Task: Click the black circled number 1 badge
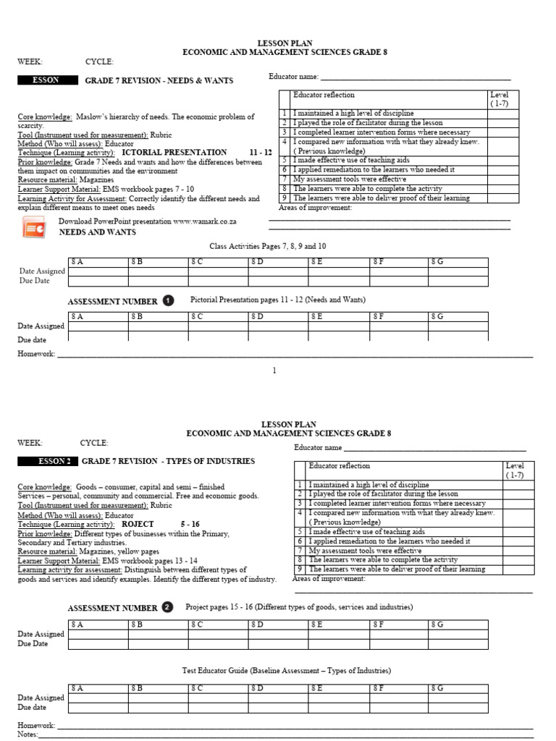[x=169, y=300]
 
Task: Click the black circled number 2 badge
[x=168, y=608]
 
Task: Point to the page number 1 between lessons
[x=274, y=371]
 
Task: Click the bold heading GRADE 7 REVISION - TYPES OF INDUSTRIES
[x=168, y=462]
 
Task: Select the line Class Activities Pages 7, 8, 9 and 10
[x=267, y=246]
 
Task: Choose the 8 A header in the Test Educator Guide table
[x=77, y=687]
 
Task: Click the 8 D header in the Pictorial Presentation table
[x=258, y=316]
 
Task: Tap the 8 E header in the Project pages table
[x=318, y=623]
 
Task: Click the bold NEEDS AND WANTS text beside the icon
[x=97, y=232]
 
